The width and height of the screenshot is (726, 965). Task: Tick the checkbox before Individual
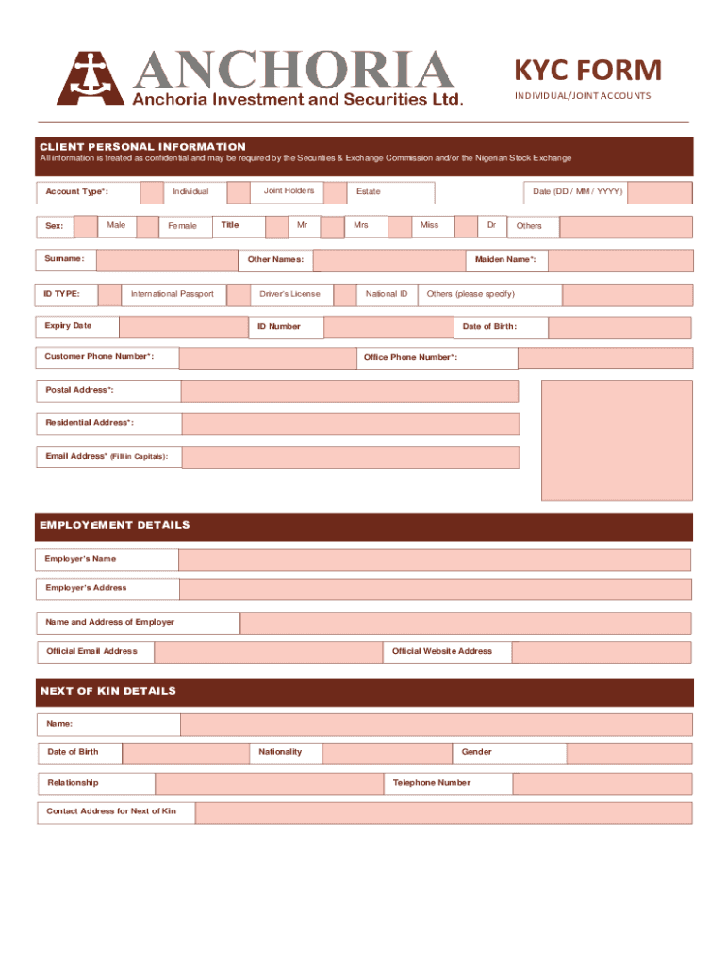coord(151,193)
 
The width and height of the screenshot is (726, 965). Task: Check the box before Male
coord(87,226)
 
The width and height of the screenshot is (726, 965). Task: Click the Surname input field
coord(167,260)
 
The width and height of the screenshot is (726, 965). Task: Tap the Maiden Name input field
coord(619,260)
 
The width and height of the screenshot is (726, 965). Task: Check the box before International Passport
coord(109,295)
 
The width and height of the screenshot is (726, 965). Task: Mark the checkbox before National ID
coord(345,295)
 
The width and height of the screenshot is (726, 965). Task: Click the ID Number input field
coord(388,327)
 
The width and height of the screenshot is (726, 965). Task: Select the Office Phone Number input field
coord(604,358)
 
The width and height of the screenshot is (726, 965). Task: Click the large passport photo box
coord(616,440)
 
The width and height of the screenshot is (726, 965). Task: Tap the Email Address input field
coord(350,457)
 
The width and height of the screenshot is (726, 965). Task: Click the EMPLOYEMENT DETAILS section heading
coord(114,526)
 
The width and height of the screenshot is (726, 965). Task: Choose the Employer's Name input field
coord(434,561)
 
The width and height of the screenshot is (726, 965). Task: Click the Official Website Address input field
coord(602,652)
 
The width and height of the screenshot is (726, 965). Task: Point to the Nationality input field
coord(387,753)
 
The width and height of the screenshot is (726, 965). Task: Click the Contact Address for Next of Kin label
coord(112,811)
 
